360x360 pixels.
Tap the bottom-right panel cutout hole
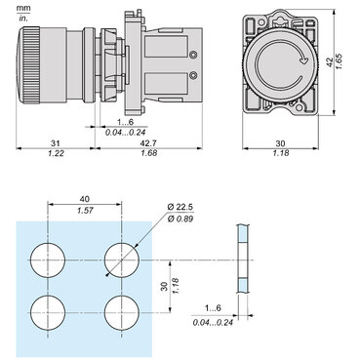[x=122, y=313]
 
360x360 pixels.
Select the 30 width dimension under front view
[x=288, y=144]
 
